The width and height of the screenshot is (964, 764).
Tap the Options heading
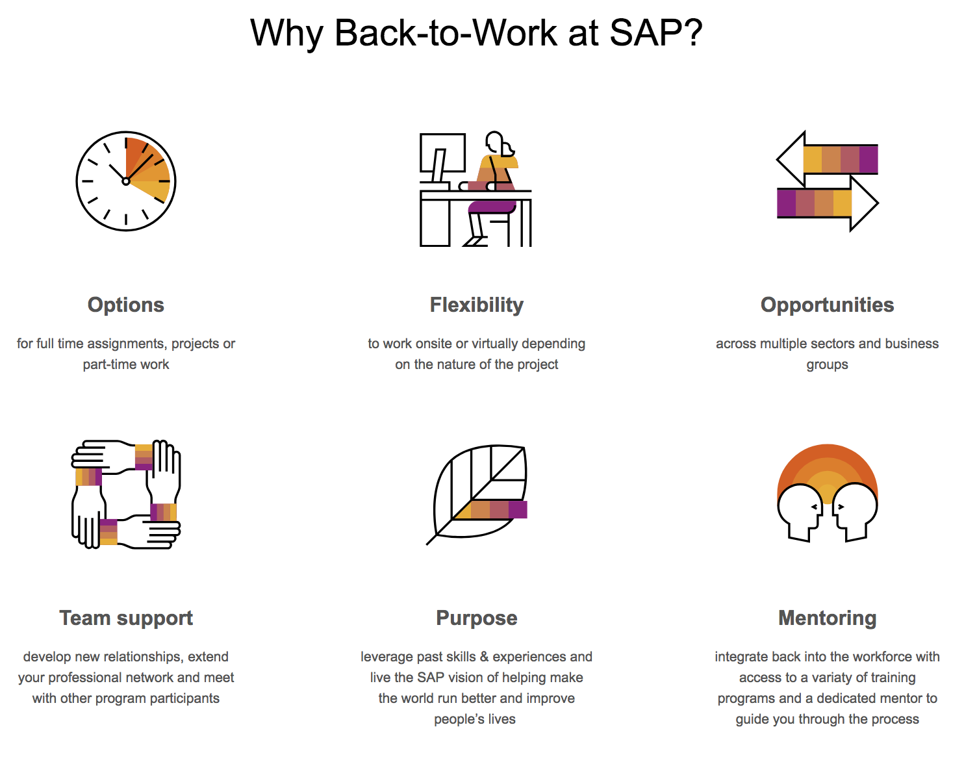click(x=126, y=305)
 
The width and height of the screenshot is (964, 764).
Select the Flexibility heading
click(x=477, y=305)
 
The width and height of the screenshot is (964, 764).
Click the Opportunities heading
click(x=827, y=305)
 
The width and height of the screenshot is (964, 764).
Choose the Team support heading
click(x=126, y=618)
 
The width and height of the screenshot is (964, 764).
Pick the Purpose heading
click(x=477, y=618)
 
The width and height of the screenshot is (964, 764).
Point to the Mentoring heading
click(x=828, y=618)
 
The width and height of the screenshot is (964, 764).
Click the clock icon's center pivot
click(x=126, y=181)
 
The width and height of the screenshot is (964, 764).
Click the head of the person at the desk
click(x=497, y=144)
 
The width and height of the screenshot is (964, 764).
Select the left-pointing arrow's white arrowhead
click(x=791, y=159)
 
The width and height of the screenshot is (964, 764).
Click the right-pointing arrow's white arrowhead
click(x=864, y=203)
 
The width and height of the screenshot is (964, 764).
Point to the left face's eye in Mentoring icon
click(x=815, y=507)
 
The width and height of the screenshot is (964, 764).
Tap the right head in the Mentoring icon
click(x=854, y=511)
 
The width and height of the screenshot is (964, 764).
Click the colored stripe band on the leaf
click(x=490, y=509)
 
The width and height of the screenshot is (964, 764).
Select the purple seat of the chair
click(x=492, y=207)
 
